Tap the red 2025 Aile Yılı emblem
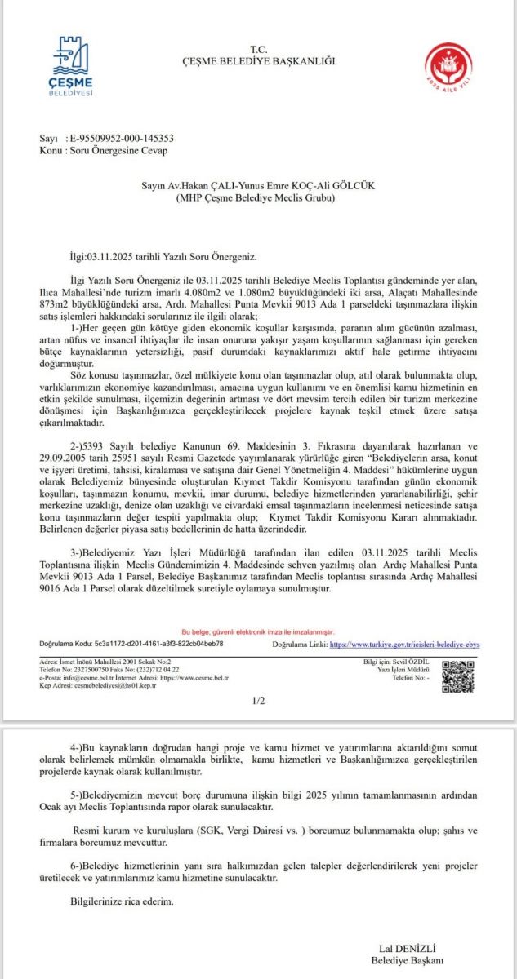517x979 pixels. tap(448, 67)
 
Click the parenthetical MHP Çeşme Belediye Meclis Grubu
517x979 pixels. tap(258, 198)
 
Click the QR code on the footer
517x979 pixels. tap(457, 676)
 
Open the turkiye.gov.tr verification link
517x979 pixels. tap(405, 644)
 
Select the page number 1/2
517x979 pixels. tap(259, 700)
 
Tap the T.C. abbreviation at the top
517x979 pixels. tap(258, 50)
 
